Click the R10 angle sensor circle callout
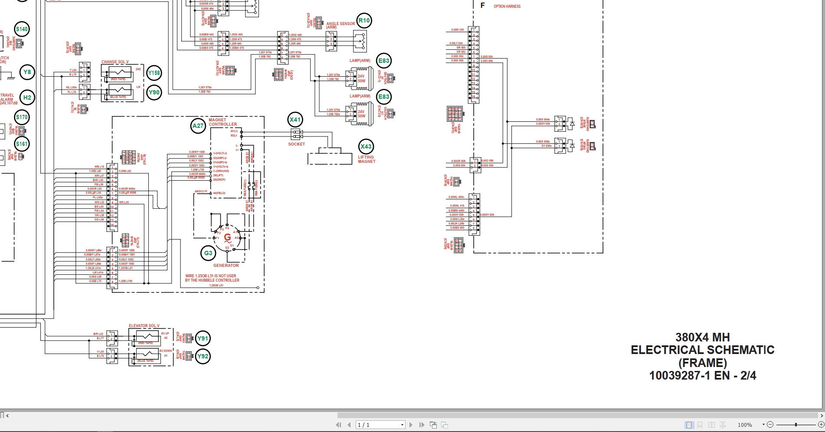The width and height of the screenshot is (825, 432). click(364, 20)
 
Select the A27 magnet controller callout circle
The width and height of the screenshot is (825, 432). click(198, 126)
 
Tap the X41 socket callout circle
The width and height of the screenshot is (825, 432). click(295, 120)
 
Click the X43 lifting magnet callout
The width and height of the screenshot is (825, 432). click(366, 146)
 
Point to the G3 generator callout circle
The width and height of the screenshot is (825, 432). click(208, 253)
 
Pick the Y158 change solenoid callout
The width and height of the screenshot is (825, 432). click(154, 73)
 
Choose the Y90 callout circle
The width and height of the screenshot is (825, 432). click(154, 92)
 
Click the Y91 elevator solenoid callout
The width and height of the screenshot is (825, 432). click(203, 338)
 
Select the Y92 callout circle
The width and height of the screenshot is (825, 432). click(203, 356)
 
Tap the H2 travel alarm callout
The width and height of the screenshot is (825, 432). click(27, 97)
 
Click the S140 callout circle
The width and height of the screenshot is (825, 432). click(22, 29)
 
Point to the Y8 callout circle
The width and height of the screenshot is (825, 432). click(27, 72)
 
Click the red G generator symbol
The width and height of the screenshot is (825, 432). click(227, 237)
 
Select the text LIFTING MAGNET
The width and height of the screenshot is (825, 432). click(367, 159)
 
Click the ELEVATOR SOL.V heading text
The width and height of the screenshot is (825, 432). click(144, 326)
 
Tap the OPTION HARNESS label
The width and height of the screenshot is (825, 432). click(507, 6)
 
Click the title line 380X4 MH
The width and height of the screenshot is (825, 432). click(702, 337)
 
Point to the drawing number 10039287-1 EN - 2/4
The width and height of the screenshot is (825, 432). click(702, 376)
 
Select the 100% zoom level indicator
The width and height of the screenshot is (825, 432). click(745, 425)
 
